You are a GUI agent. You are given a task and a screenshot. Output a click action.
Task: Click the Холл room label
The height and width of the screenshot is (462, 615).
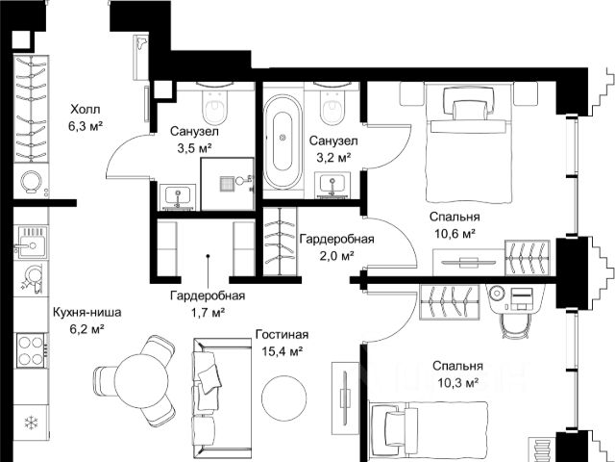click(86, 109)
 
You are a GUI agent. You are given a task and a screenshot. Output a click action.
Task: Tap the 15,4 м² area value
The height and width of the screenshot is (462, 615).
click(282, 350)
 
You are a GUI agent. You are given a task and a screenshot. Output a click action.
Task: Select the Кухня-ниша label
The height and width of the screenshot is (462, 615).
click(87, 313)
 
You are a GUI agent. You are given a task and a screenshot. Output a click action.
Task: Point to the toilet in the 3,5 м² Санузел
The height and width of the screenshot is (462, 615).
click(214, 104)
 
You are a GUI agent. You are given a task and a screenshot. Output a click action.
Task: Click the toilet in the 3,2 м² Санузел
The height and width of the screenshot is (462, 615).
click(332, 104)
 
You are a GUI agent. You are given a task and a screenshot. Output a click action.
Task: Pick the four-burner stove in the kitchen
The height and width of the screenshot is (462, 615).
click(32, 350)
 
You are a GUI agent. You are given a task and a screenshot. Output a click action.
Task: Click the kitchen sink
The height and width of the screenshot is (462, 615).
click(31, 243)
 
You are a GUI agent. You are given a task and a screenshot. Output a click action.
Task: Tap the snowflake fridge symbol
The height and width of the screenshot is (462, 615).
click(31, 423)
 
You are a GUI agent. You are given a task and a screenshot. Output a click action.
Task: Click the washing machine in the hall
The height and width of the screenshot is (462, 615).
click(31, 182)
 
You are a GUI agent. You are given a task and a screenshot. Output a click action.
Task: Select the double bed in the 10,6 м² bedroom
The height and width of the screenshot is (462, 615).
click(470, 143)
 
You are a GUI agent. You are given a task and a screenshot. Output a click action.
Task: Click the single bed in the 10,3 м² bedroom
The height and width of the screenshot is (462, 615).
click(430, 431)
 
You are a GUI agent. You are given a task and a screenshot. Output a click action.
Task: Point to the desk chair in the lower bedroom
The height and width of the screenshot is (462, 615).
click(514, 325)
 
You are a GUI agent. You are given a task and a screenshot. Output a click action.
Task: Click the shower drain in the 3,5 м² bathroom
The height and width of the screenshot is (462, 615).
click(227, 184)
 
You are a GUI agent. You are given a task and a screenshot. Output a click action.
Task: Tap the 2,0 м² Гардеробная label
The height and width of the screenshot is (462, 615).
click(337, 246)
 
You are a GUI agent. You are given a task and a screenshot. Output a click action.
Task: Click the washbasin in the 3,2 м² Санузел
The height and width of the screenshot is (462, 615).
click(332, 184)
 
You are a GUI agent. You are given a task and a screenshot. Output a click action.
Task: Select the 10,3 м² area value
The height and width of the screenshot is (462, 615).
click(457, 382)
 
